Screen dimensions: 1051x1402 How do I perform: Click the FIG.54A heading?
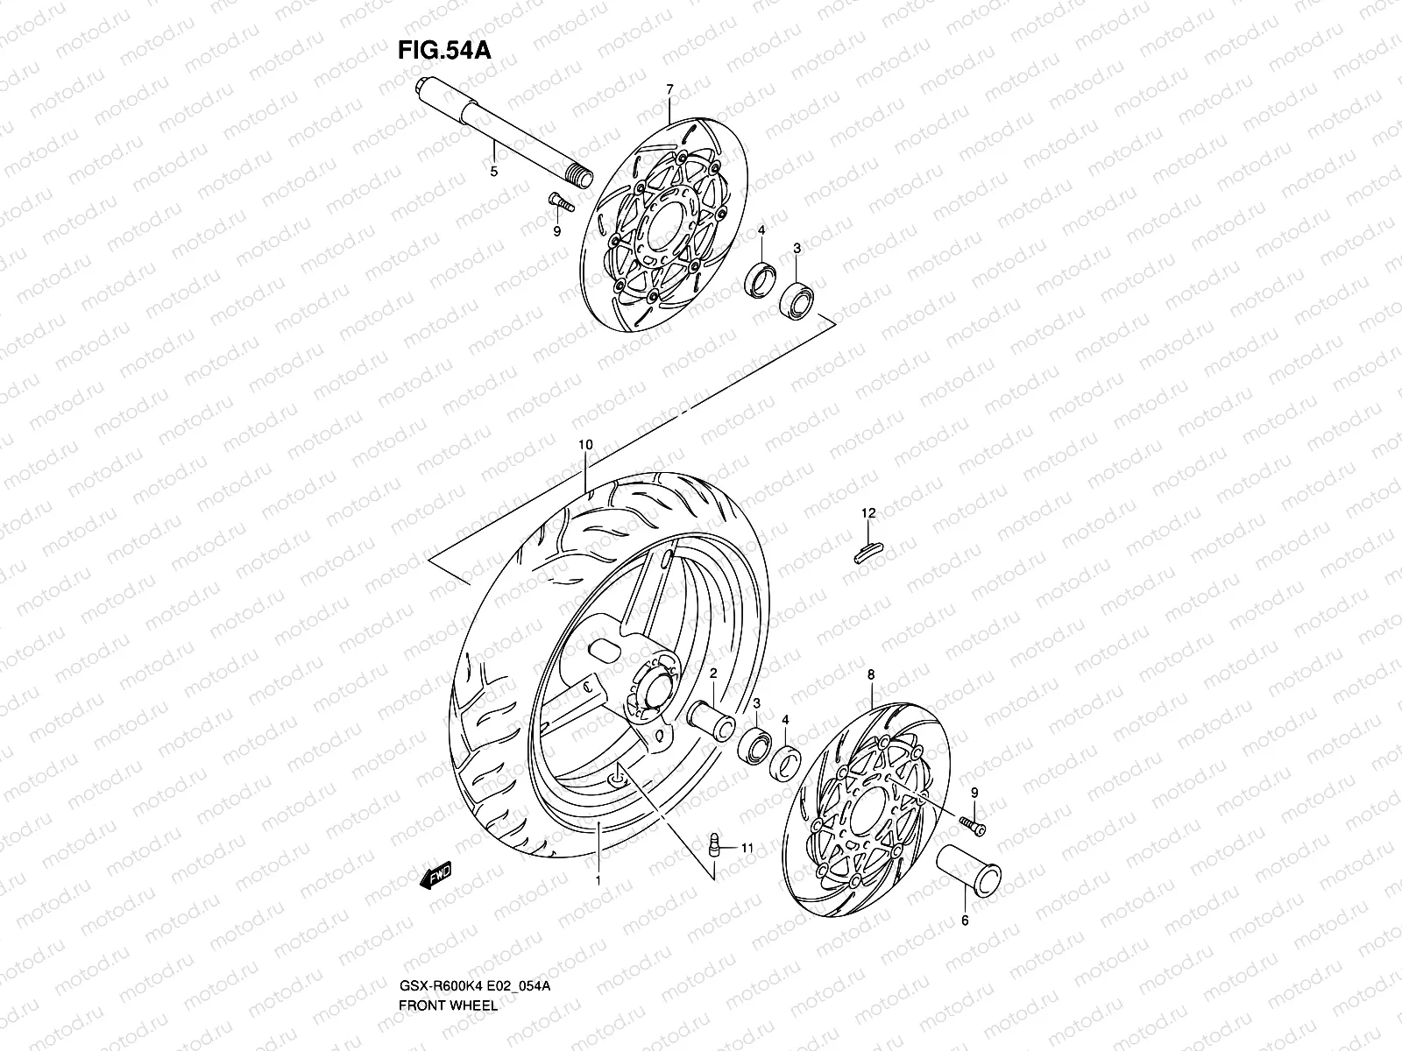[444, 50]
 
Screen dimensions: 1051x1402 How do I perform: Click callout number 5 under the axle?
[493, 172]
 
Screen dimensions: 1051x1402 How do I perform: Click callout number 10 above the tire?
[585, 445]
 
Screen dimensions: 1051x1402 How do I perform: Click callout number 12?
[867, 513]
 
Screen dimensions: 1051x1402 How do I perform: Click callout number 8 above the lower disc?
[871, 675]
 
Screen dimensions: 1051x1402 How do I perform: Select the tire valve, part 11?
[715, 847]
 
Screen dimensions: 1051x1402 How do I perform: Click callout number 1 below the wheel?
[598, 882]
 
